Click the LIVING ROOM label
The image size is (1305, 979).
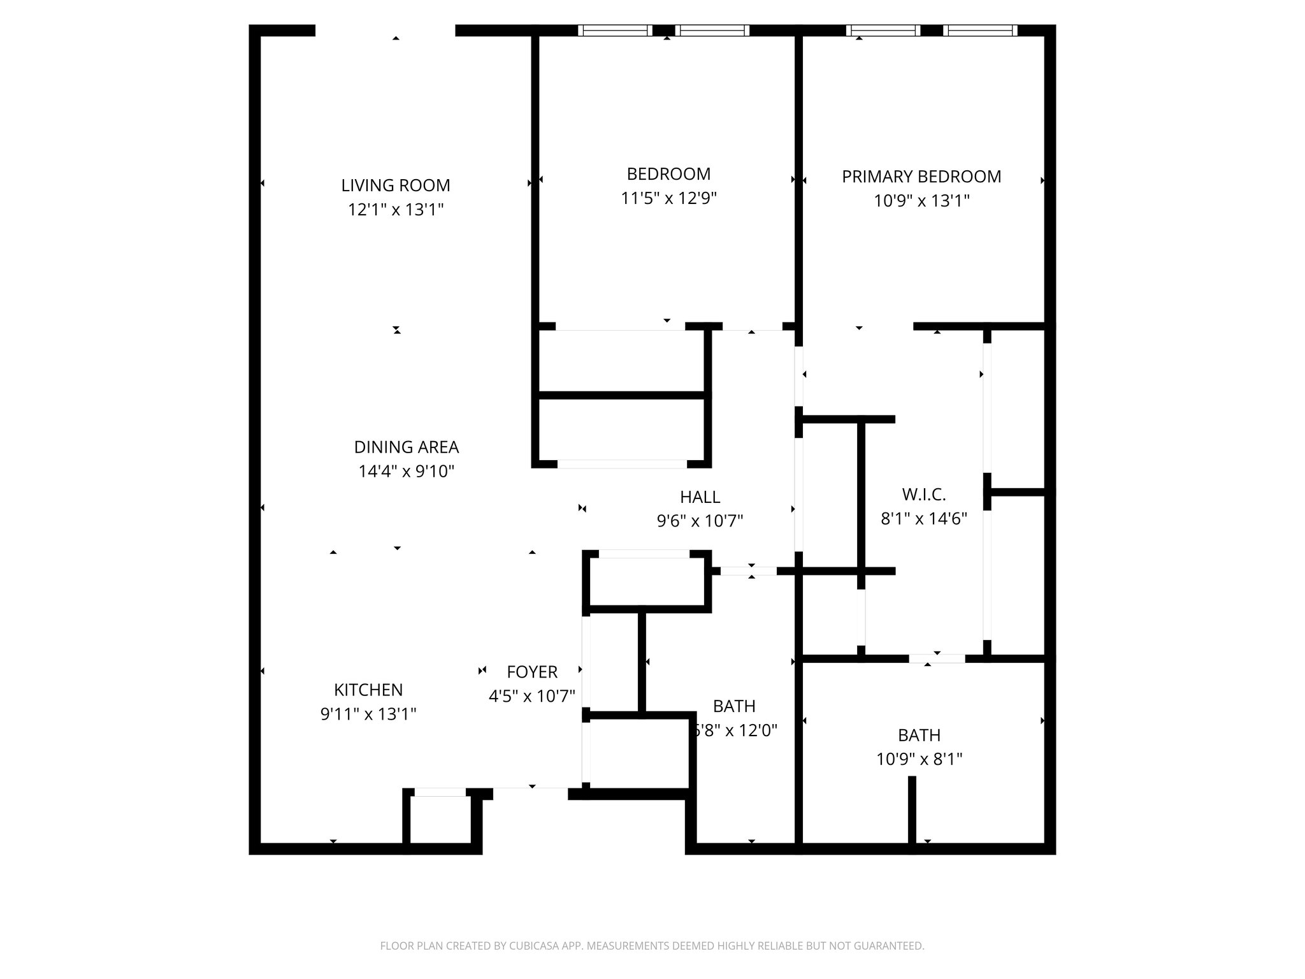[x=396, y=185]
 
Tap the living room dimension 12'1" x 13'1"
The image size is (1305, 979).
[x=396, y=210]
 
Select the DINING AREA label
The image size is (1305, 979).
[x=407, y=447]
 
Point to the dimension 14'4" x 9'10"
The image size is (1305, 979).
[x=407, y=472]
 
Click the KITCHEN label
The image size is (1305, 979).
[x=368, y=690]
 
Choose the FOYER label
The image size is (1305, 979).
[x=532, y=672]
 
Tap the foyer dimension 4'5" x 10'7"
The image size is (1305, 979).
[x=532, y=696]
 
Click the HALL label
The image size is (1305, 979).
[x=700, y=497]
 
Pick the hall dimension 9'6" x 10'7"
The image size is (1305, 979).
[x=700, y=521]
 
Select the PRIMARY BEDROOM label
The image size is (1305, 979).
[x=921, y=177]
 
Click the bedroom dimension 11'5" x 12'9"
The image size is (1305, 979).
[x=669, y=198]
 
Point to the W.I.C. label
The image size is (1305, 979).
[x=924, y=494]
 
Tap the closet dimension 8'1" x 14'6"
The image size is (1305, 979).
[x=924, y=519]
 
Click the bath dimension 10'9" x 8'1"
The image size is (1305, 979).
[x=919, y=759]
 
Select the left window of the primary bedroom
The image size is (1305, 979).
[x=883, y=30]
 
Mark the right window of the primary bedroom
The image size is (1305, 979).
[x=980, y=30]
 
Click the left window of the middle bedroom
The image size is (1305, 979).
[x=615, y=30]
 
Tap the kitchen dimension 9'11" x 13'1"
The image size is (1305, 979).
[x=368, y=714]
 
